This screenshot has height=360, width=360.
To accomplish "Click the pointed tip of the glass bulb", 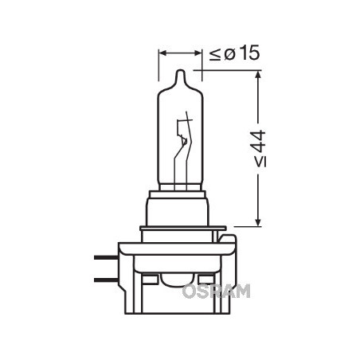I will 180,72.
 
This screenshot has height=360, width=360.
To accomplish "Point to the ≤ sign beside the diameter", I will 214,55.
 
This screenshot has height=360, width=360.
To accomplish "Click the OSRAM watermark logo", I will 216,291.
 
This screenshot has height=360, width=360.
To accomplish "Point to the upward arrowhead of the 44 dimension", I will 259,77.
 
